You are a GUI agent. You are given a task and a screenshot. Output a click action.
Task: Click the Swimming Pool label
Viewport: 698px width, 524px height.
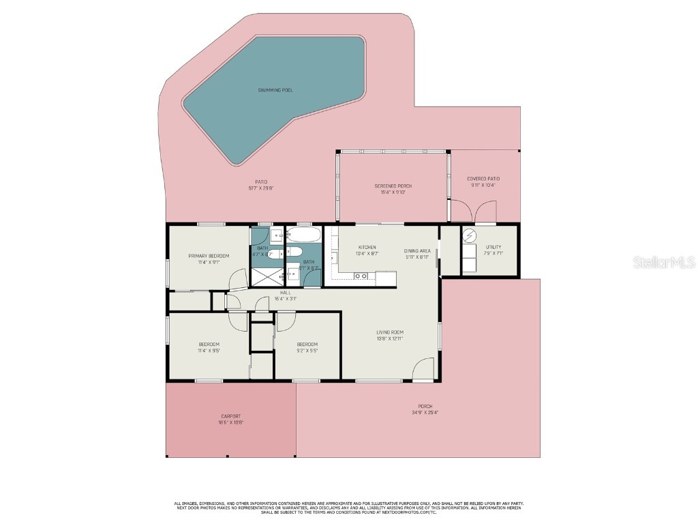click(x=275, y=90)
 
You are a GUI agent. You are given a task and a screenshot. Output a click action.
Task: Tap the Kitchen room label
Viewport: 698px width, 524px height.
click(x=367, y=248)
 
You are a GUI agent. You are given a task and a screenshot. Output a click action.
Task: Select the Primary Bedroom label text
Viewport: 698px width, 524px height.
click(x=209, y=256)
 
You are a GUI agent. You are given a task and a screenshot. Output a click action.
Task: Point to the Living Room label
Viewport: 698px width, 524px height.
click(x=390, y=332)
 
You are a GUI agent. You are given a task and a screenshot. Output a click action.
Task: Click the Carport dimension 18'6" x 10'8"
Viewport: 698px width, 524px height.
click(x=231, y=422)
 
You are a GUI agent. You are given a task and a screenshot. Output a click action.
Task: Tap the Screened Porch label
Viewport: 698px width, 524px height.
click(x=393, y=186)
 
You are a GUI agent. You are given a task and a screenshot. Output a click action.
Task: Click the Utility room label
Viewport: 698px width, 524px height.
click(x=494, y=247)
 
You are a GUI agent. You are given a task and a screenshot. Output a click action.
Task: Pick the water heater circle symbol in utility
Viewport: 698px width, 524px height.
click(x=470, y=236)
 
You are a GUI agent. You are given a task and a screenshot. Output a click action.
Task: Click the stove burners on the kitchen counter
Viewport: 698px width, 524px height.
click(x=361, y=276)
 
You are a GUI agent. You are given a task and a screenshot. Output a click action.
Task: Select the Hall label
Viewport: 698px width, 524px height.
click(x=285, y=293)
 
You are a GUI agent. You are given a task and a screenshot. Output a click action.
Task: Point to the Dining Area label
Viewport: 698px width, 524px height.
click(x=416, y=250)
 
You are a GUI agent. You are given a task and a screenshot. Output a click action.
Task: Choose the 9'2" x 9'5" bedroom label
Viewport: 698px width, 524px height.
click(x=307, y=344)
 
